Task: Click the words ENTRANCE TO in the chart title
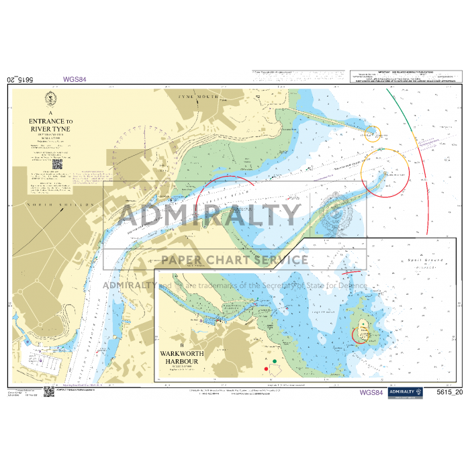click(x=51, y=122)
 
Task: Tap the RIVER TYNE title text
click(x=50, y=129)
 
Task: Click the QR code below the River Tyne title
click(x=57, y=163)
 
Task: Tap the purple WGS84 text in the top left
click(x=75, y=79)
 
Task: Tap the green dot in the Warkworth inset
click(x=275, y=361)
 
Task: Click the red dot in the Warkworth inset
click(x=267, y=369)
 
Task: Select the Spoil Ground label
click(x=417, y=259)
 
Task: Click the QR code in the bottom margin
click(x=49, y=391)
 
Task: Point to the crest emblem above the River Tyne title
click(x=50, y=101)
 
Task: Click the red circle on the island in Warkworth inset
click(x=363, y=332)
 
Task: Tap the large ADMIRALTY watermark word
click(x=209, y=216)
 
